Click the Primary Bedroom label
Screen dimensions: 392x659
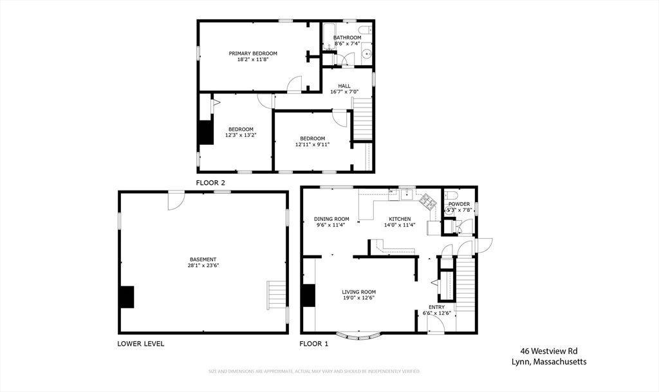tap(253, 53)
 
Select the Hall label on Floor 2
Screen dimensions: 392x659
tap(344, 86)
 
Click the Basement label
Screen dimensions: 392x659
tap(203, 259)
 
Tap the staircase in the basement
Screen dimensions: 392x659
tap(277, 295)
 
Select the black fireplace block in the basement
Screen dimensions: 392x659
tap(127, 297)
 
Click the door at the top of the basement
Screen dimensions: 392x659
tap(176, 200)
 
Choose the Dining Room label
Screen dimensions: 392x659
tap(331, 219)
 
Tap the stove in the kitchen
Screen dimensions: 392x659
tap(427, 200)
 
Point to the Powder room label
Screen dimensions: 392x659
tap(459, 204)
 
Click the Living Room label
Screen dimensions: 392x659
tap(358, 292)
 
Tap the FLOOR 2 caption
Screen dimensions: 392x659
tap(210, 183)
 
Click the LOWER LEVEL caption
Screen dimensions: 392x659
tap(140, 344)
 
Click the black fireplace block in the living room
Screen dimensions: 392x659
tap(309, 295)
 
